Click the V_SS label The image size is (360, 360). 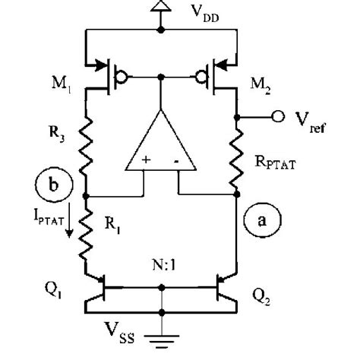pyautogui.click(x=124, y=332)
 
